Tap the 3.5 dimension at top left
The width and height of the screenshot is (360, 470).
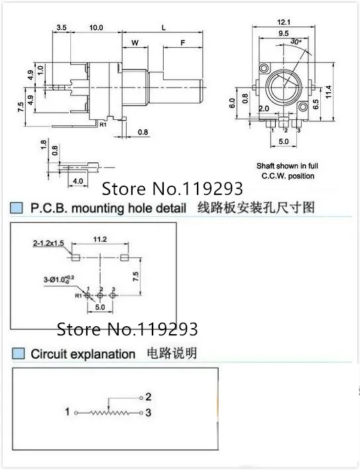(61, 27)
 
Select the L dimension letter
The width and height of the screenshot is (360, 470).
(163, 27)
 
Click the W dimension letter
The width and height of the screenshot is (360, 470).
(135, 43)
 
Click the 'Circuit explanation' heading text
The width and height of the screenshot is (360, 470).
(83, 354)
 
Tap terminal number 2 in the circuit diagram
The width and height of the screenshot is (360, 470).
(149, 396)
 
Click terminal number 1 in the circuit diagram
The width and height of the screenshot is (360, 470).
(67, 412)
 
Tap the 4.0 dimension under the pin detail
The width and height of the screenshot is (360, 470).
(78, 180)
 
